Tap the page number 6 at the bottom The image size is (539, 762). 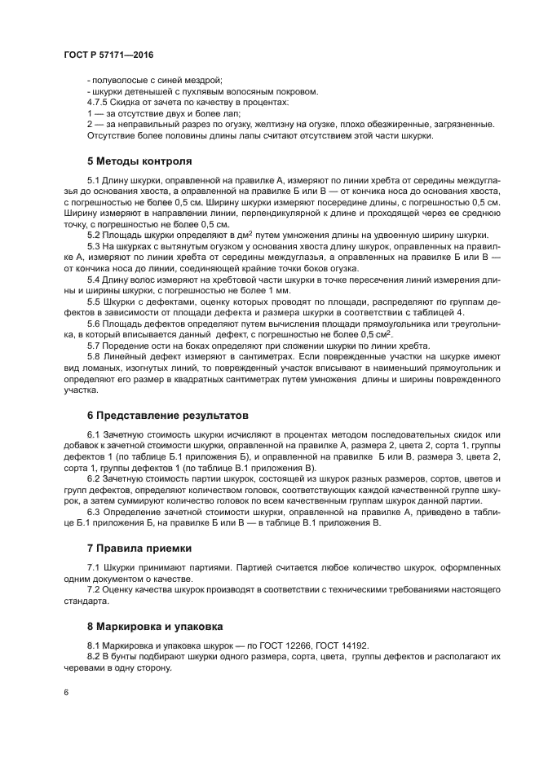[x=65, y=692]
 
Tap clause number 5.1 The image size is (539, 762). [x=93, y=178]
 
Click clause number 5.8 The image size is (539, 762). [x=93, y=356]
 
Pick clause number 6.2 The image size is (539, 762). [x=93, y=478]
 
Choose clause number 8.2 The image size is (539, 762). [x=93, y=656]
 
